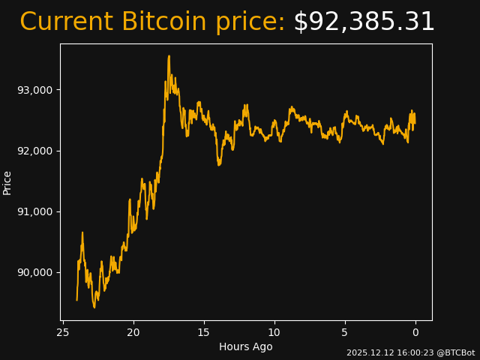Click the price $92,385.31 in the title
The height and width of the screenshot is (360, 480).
point(364,22)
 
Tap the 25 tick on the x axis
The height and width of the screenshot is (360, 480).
point(63,332)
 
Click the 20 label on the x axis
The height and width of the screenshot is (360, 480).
point(133,332)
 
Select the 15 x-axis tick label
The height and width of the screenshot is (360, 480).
point(204,332)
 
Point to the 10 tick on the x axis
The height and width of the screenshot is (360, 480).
point(274,332)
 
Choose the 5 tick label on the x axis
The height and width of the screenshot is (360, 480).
point(345,332)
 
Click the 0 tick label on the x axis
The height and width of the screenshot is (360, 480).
point(415,332)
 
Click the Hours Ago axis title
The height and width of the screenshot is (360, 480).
point(246,346)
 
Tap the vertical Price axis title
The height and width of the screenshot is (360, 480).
point(7,182)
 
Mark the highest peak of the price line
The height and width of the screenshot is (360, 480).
point(169,55)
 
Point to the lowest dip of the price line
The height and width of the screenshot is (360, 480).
point(94,307)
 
